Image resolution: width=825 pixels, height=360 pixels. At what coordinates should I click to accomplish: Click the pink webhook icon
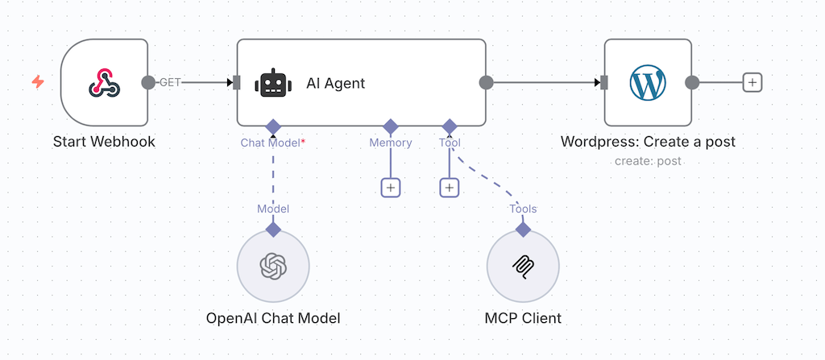pyautogui.click(x=104, y=83)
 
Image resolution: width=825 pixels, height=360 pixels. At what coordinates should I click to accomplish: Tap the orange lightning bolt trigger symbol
pyautogui.click(x=38, y=82)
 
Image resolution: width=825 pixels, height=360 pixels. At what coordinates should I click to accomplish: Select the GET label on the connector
pyautogui.click(x=170, y=82)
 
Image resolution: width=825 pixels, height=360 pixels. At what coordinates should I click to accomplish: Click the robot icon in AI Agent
pyautogui.click(x=272, y=83)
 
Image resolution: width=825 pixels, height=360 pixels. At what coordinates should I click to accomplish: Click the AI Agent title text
pyautogui.click(x=335, y=83)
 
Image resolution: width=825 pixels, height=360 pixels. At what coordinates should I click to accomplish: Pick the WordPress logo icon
pyautogui.click(x=648, y=83)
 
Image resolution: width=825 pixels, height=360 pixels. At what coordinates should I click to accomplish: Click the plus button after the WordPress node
pyautogui.click(x=752, y=82)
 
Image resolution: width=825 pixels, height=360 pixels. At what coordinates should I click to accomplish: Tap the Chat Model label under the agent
pyautogui.click(x=271, y=143)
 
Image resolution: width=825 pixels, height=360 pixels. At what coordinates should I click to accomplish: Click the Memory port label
pyautogui.click(x=391, y=143)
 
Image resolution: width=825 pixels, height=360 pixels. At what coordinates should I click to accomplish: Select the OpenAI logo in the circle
pyautogui.click(x=273, y=265)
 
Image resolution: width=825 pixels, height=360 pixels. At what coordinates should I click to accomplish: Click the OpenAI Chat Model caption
pyautogui.click(x=273, y=318)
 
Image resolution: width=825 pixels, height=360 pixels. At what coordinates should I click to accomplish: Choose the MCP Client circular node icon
pyautogui.click(x=523, y=265)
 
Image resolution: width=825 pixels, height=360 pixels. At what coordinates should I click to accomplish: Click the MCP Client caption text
pyautogui.click(x=523, y=318)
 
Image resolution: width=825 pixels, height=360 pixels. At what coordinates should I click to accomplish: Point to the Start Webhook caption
pyautogui.click(x=104, y=143)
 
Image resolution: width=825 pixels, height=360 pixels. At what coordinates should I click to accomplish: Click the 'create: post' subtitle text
pyautogui.click(x=648, y=161)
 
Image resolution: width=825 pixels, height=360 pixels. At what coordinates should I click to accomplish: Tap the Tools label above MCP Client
pyautogui.click(x=523, y=209)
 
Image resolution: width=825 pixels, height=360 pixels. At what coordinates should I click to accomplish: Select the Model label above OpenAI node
pyautogui.click(x=273, y=209)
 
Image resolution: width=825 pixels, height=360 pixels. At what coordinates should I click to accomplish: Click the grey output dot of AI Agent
pyautogui.click(x=486, y=82)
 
